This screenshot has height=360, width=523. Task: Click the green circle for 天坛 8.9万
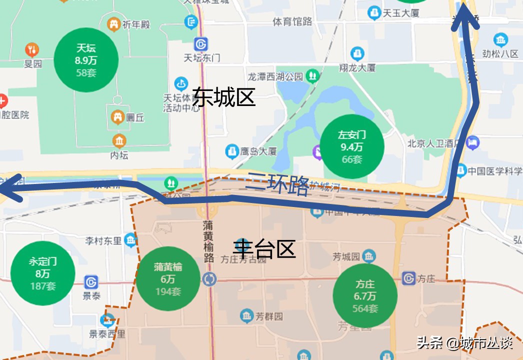(x=86, y=60)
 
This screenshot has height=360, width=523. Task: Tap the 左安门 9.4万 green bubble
(x=352, y=146)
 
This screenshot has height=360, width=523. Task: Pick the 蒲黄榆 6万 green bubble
(x=168, y=279)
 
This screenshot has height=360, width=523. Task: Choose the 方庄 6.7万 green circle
(x=365, y=296)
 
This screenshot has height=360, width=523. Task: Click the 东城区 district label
(x=224, y=97)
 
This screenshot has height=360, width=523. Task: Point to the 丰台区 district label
(x=264, y=248)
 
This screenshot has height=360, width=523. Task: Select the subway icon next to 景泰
(x=91, y=282)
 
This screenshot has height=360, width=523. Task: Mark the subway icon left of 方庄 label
(x=408, y=278)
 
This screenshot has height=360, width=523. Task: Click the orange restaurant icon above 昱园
(x=32, y=49)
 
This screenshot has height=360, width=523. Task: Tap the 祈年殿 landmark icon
(x=114, y=23)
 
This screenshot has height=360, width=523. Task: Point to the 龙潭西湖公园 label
(x=275, y=76)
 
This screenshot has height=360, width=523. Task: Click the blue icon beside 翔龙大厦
(x=357, y=53)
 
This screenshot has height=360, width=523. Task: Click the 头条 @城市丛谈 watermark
(x=465, y=343)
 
